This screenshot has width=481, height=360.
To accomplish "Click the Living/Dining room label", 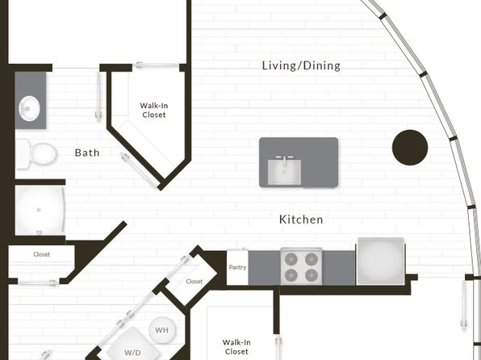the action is [x=301, y=65].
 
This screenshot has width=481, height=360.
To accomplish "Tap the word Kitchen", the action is [x=301, y=220].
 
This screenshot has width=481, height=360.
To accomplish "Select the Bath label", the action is [x=87, y=153].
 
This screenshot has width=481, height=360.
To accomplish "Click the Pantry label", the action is [x=237, y=267].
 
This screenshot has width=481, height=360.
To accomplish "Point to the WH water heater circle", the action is [x=162, y=330].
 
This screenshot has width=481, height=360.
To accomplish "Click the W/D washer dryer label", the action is [x=132, y=352].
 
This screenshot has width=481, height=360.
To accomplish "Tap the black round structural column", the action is [x=410, y=148].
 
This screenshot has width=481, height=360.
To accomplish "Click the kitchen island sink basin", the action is [x=284, y=172].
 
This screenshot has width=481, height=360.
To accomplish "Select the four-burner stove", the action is [x=301, y=266].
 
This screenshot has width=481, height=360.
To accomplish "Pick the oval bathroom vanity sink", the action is [x=30, y=108].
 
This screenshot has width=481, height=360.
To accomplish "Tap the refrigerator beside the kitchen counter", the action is [x=380, y=262].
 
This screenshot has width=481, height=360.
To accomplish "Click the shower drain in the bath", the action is [x=39, y=210].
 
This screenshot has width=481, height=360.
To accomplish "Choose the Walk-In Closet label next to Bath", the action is [x=154, y=110].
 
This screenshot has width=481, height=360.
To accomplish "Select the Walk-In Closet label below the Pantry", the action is [x=236, y=347].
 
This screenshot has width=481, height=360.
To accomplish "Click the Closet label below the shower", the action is [x=41, y=254].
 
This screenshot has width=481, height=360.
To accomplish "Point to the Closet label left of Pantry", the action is [x=194, y=282].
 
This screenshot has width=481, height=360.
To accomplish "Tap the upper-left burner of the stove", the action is [x=291, y=259].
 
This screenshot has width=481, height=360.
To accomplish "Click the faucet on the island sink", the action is [x=284, y=160].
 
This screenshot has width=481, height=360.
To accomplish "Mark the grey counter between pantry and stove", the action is [x=264, y=268].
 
